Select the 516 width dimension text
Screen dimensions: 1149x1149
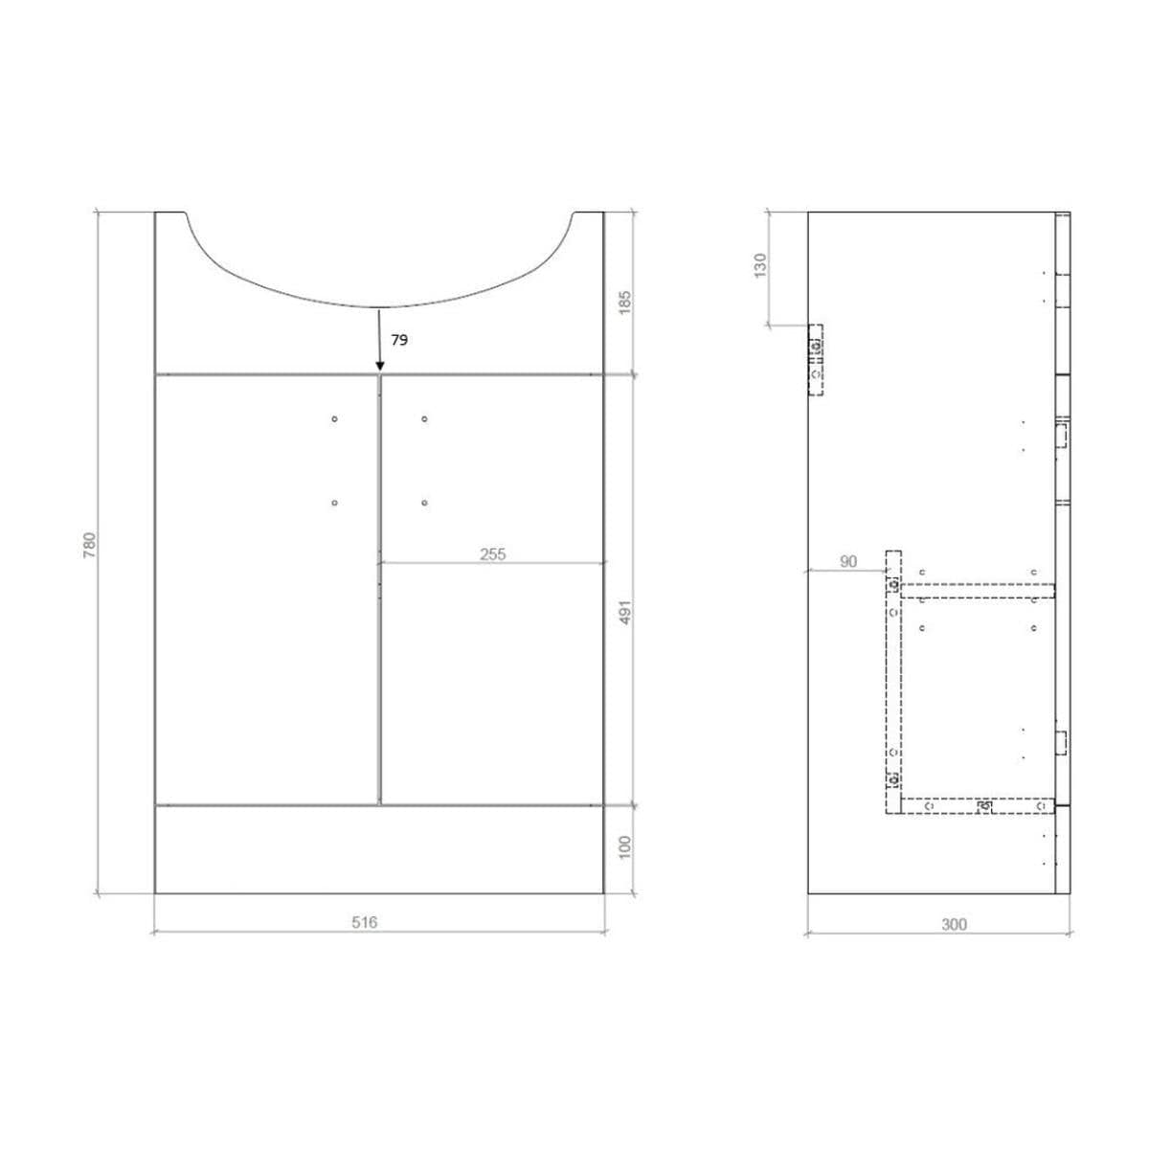pyautogui.click(x=365, y=923)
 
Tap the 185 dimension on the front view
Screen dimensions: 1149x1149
pyautogui.click(x=625, y=304)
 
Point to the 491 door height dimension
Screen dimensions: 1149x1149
pyautogui.click(x=625, y=612)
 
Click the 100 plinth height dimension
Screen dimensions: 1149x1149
pyautogui.click(x=625, y=846)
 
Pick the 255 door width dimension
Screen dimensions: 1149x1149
pyautogui.click(x=492, y=553)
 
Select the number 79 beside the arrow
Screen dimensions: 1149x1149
pyautogui.click(x=399, y=340)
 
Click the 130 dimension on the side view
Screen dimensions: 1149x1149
pyautogui.click(x=760, y=265)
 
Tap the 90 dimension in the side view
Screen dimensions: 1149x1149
pyautogui.click(x=848, y=562)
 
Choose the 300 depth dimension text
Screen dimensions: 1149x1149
pyautogui.click(x=954, y=924)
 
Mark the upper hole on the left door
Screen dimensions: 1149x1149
pyautogui.click(x=334, y=419)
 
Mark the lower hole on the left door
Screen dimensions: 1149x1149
pyautogui.click(x=334, y=503)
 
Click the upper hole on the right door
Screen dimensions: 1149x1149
pyautogui.click(x=424, y=419)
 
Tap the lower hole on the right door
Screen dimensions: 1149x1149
pyautogui.click(x=424, y=503)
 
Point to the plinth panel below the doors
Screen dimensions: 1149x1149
pyautogui.click(x=379, y=848)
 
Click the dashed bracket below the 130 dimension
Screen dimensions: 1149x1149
pyautogui.click(x=815, y=359)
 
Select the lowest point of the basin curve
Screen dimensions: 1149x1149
pyautogui.click(x=379, y=306)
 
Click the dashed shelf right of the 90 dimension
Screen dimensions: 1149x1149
pyautogui.click(x=977, y=589)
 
